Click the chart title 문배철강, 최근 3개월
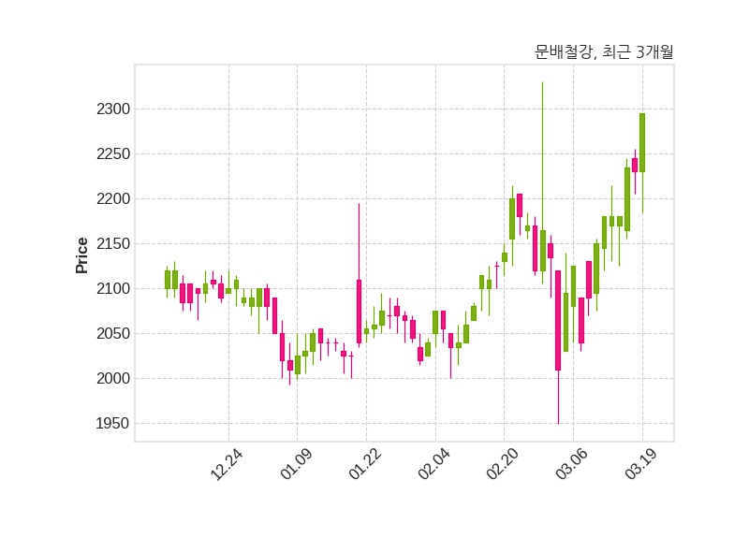(604, 52)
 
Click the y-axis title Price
(82, 255)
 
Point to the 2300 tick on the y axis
(113, 109)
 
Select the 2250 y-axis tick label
(113, 154)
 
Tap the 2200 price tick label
(113, 199)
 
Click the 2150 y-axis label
(113, 244)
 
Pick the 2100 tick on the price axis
(113, 289)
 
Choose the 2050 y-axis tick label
(113, 334)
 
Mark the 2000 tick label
(113, 379)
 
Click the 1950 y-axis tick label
(113, 424)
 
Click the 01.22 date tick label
(363, 464)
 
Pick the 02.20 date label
(502, 464)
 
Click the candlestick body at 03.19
(642, 142)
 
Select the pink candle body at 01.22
(359, 312)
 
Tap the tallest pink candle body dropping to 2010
(558, 320)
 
